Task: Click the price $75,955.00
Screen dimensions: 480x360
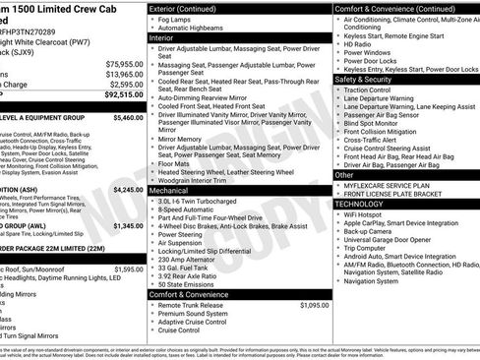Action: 125,63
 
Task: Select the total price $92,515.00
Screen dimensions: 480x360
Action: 125,96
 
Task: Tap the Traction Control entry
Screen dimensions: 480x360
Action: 377,90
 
